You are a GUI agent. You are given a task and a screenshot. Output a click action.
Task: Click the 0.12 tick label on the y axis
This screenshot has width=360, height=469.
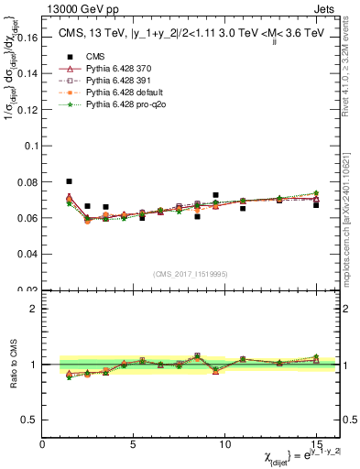click(29, 111)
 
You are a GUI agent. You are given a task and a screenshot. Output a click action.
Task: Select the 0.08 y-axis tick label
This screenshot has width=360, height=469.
click(29, 182)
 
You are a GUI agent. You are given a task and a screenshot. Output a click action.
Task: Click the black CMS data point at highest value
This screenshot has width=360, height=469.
click(70, 181)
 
